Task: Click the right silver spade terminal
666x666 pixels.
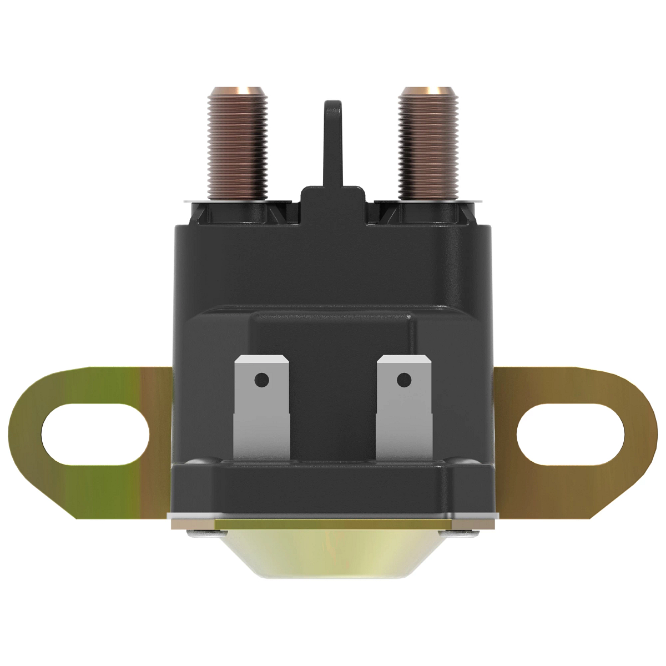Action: [x=404, y=411]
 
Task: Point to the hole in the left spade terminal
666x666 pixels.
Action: [x=261, y=380]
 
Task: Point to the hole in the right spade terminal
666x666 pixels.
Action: [x=404, y=380]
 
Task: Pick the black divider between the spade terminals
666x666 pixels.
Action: [x=333, y=411]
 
